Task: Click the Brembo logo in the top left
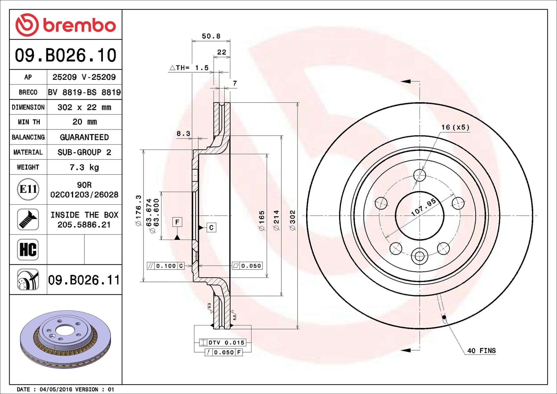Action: [65, 25]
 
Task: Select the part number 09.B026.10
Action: [66, 55]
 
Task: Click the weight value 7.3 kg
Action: [84, 167]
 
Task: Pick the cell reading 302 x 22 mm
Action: [84, 107]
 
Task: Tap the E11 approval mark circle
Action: [28, 189]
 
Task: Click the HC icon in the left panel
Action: [28, 250]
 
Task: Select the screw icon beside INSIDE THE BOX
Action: [28, 220]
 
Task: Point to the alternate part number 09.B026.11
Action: [84, 280]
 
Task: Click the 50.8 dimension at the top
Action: [211, 36]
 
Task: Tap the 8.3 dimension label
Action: [183, 134]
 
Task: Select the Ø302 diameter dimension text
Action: [292, 220]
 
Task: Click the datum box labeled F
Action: [177, 222]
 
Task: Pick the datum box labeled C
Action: [211, 227]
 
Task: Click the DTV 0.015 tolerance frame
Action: [223, 343]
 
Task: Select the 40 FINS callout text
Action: [481, 350]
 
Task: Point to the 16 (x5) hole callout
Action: [455, 127]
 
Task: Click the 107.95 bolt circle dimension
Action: [423, 207]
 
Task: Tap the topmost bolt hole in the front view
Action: [419, 175]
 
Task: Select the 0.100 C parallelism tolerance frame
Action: [166, 266]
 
